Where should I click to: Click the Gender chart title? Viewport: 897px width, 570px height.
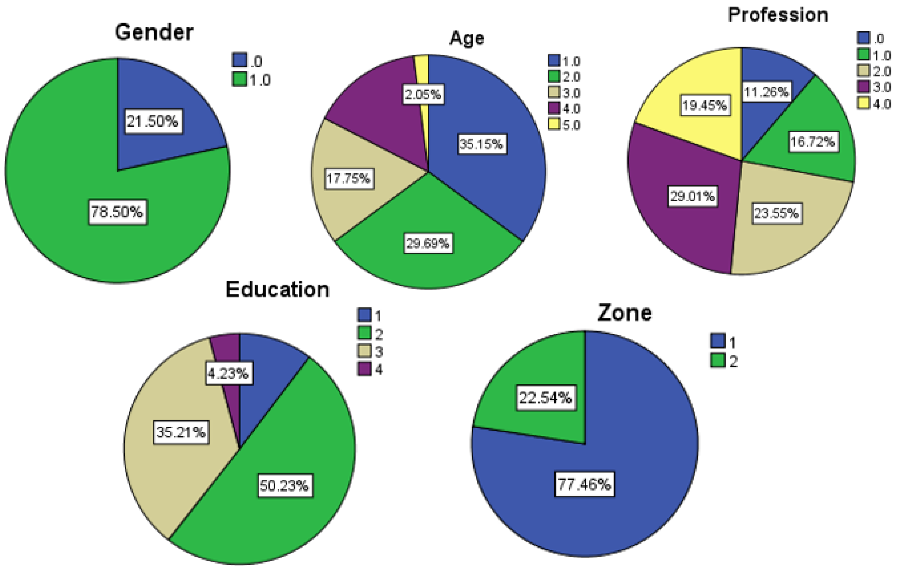coord(154,32)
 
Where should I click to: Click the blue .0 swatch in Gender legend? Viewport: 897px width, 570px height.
coord(239,60)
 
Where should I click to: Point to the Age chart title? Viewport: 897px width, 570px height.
coord(467,38)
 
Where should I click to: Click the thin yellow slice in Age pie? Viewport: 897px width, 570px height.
coord(422,67)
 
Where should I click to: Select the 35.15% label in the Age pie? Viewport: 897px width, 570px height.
coord(482,144)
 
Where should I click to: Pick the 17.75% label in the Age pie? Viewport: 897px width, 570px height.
coord(349,179)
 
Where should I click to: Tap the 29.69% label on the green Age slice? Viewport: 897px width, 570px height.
coord(428,244)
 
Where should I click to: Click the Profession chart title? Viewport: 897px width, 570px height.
coord(778,15)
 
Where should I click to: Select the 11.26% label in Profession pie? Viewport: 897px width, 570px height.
coord(766,92)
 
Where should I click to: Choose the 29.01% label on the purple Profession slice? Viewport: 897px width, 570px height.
coord(693,196)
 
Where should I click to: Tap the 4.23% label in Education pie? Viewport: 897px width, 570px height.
coord(228,373)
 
